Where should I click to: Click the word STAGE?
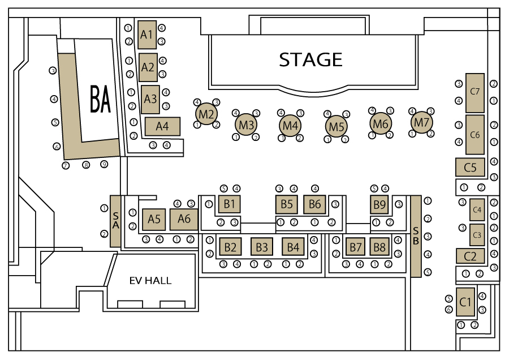pos(310,59)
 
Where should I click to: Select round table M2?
pos(206,114)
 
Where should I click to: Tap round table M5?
pos(337,126)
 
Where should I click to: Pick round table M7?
pos(422,122)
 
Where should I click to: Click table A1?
pos(147,35)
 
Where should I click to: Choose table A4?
pos(162,126)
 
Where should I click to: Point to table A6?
pos(184,219)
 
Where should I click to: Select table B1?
pos(230,204)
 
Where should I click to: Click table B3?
pos(262,247)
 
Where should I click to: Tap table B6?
pos(314,204)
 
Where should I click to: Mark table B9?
pos(379,204)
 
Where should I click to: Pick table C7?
pos(475,93)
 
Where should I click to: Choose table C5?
pos(470,167)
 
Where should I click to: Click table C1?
pos(465,302)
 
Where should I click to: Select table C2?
pos(471,256)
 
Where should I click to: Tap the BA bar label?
pos(100,98)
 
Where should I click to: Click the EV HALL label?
pos(150,280)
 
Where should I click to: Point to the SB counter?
pos(416,236)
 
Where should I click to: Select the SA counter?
pos(115,221)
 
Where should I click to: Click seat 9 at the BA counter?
pos(104,164)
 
